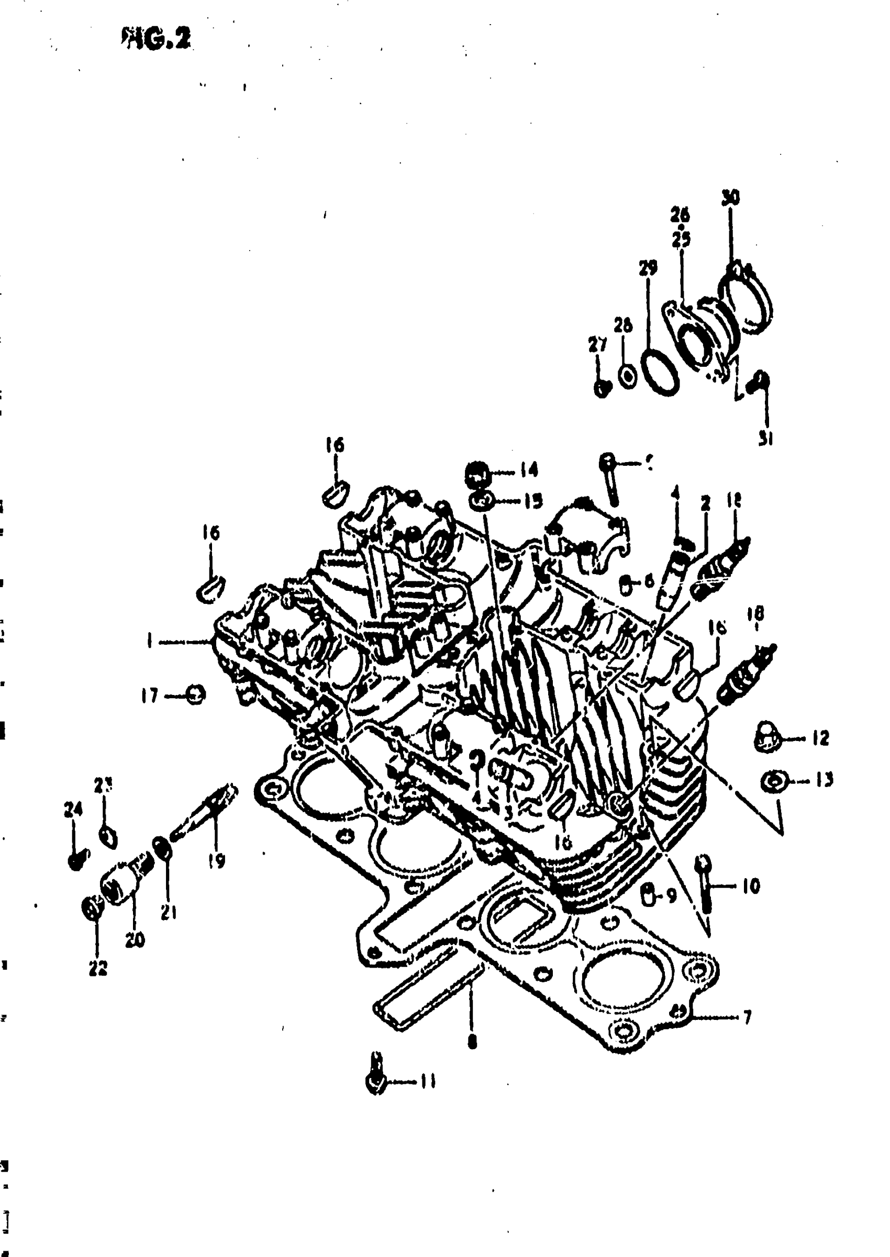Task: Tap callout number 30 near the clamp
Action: click(730, 198)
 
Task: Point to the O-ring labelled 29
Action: click(659, 372)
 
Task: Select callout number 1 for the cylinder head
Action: click(149, 641)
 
